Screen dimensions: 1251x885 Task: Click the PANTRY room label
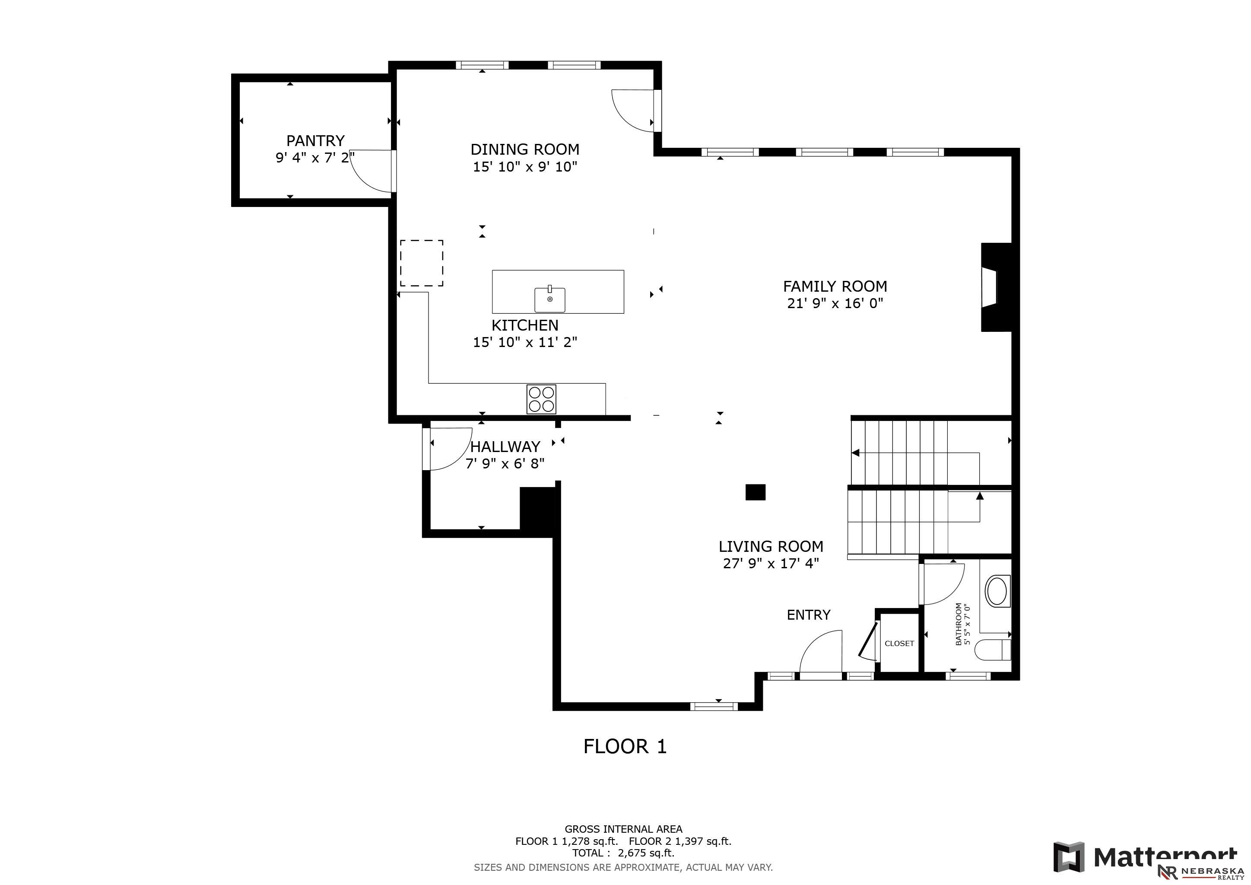315,140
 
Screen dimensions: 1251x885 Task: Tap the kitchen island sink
550,299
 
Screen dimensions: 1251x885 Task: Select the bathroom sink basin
997,591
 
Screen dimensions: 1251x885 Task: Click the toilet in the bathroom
992,649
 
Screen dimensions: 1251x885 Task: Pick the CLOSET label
899,643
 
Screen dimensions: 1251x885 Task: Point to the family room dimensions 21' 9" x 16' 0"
835,303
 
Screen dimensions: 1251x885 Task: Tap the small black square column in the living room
755,492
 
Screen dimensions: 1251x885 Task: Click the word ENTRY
809,615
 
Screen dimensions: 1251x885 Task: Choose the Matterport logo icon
1068,856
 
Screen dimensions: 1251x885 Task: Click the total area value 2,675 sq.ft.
646,853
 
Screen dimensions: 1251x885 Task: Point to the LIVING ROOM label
771,546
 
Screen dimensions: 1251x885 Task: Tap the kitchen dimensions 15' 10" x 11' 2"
525,342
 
